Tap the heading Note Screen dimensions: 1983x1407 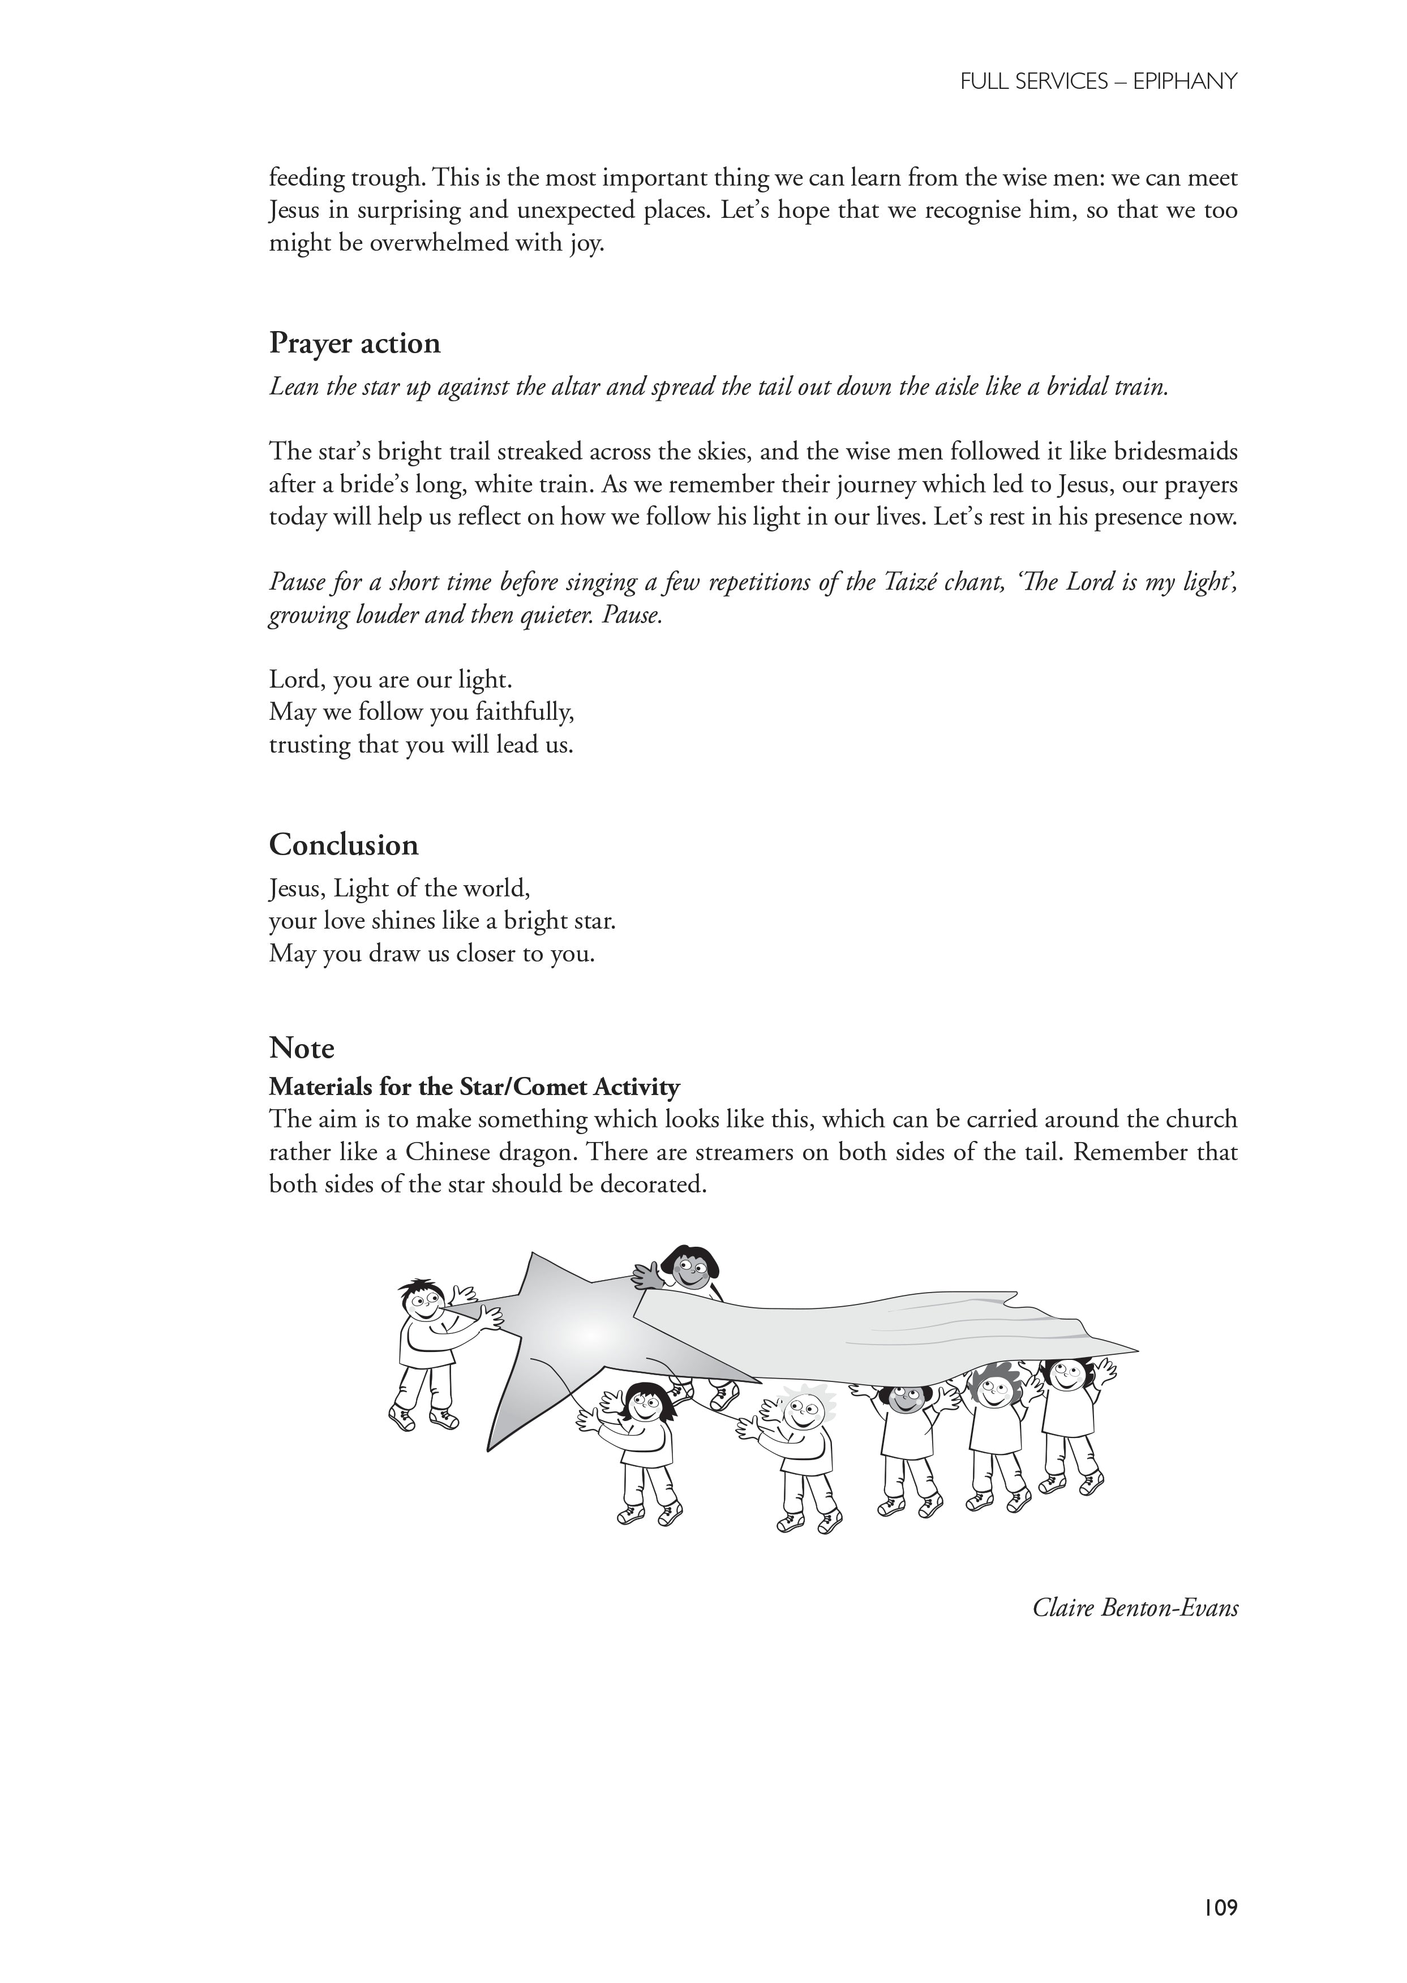302,1048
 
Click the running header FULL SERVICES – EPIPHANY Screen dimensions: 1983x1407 1099,81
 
